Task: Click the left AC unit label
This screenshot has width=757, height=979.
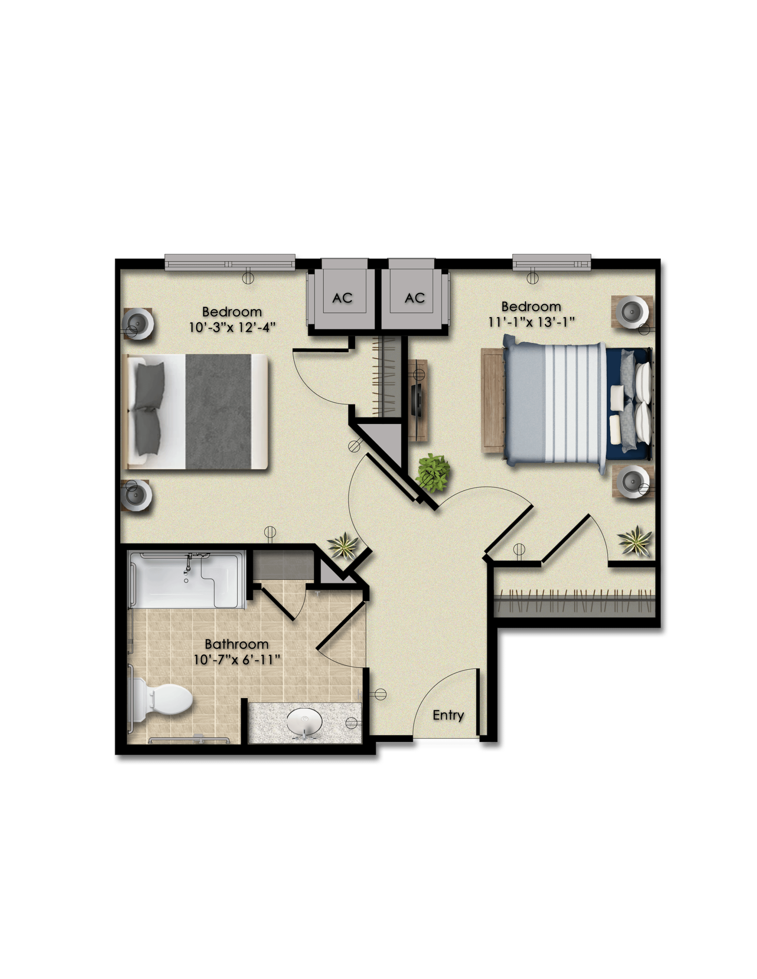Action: point(342,298)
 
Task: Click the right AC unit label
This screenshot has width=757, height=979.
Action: point(415,298)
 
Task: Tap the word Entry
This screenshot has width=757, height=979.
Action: point(448,715)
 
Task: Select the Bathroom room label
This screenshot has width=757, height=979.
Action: point(236,644)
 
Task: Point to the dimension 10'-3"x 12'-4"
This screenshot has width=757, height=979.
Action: point(232,327)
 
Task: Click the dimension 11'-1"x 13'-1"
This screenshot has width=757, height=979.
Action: point(531,322)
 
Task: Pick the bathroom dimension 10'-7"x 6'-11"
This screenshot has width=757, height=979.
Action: point(237,660)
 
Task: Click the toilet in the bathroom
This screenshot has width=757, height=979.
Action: point(161,700)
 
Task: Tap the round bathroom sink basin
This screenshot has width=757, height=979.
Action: point(304,722)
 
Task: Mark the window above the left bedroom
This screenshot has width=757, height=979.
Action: point(230,262)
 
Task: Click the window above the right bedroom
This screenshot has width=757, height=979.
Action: point(552,262)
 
